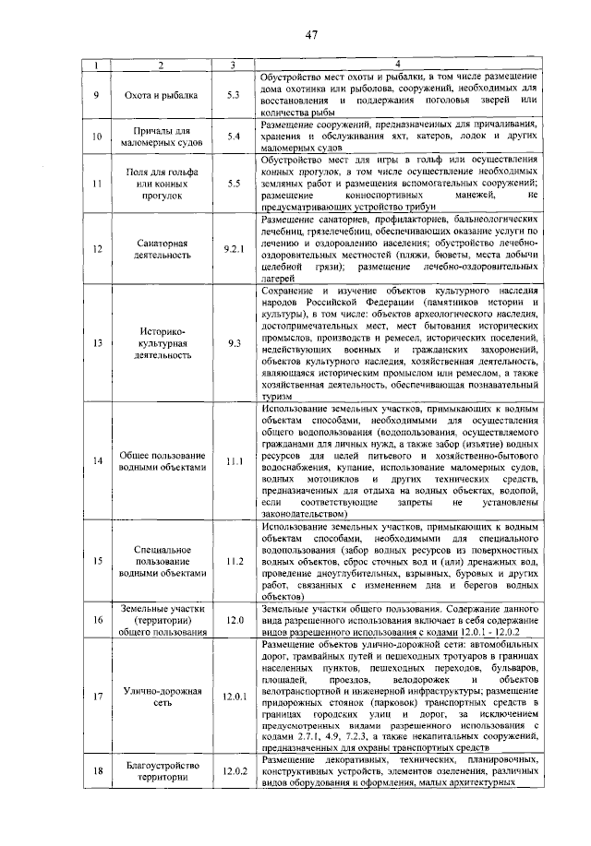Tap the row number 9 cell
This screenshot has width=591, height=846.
(x=97, y=94)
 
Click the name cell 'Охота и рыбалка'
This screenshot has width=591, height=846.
(x=162, y=94)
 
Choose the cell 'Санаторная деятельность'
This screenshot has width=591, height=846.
(x=162, y=249)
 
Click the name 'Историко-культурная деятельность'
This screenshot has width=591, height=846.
(x=162, y=343)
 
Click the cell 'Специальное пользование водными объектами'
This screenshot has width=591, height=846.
(x=162, y=561)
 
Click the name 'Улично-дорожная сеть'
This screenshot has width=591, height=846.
(x=162, y=697)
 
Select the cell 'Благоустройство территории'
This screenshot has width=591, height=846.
(x=162, y=771)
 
